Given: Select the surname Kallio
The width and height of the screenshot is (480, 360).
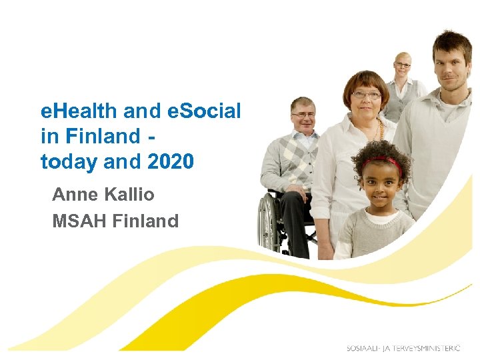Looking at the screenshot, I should [130, 195].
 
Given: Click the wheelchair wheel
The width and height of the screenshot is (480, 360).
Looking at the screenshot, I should [269, 223].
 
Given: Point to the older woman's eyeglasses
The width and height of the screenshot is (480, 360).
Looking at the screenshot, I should [366, 95].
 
